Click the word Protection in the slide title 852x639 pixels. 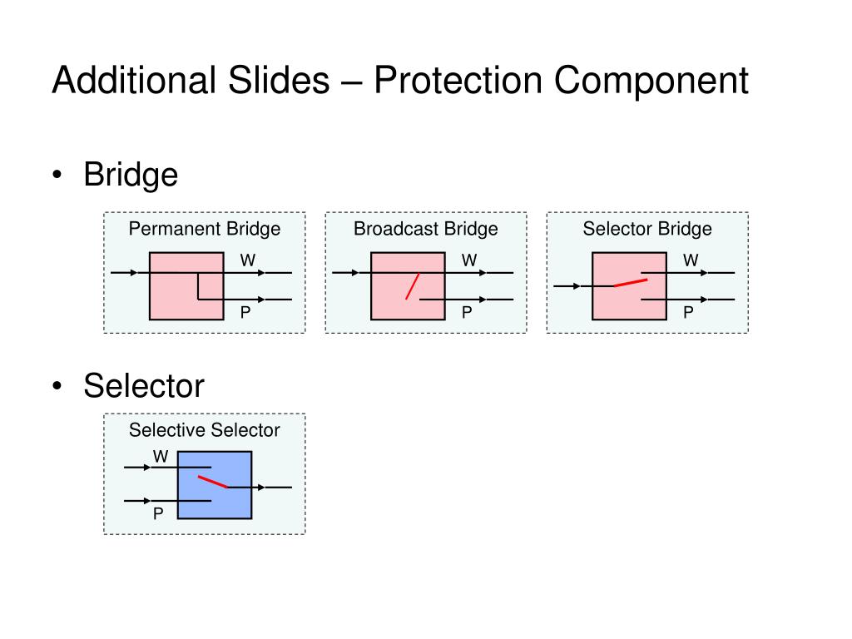pos(458,82)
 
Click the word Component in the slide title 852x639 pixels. pos(651,82)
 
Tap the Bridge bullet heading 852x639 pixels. pos(131,175)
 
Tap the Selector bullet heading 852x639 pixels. pos(144,385)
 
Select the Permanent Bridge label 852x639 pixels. pos(205,229)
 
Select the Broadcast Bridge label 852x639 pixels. pos(426,229)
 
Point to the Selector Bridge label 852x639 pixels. pos(647,229)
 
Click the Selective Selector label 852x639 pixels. pos(205,430)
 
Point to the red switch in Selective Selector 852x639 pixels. pos(213,482)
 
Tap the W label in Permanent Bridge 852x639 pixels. pos(247,260)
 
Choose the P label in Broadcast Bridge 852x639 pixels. pos(468,313)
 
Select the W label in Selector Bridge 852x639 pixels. pos(691,260)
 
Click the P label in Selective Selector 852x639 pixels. pos(158,514)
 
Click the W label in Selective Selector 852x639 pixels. pos(161,457)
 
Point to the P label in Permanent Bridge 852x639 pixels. pos(246,313)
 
